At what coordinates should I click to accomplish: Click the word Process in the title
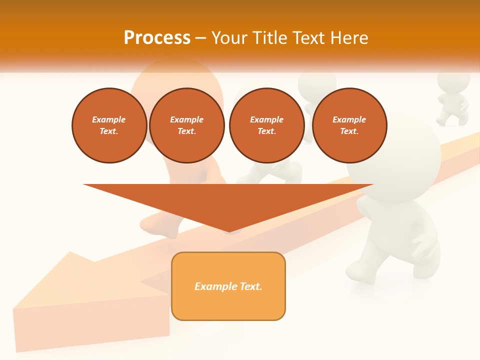(x=157, y=38)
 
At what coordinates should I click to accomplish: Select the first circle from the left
(x=109, y=125)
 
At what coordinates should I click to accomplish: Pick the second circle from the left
(x=187, y=125)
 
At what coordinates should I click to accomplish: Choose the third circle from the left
(x=267, y=125)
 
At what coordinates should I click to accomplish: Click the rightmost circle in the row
(x=349, y=125)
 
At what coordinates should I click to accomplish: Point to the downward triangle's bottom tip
(x=229, y=231)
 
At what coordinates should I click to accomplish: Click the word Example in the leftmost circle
(x=109, y=119)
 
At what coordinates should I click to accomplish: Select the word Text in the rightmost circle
(x=349, y=131)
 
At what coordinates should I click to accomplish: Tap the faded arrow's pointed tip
(x=15, y=307)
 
